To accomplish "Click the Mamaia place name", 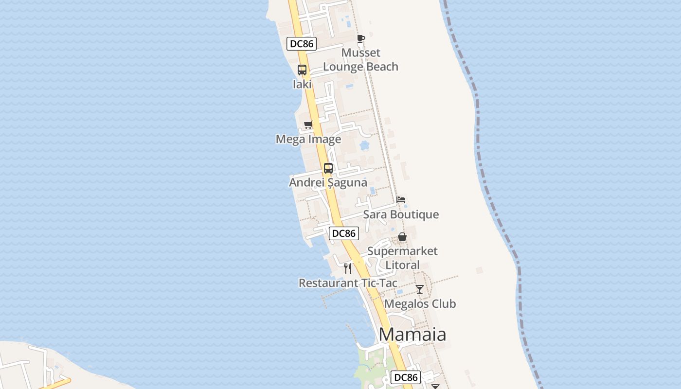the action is [412, 335].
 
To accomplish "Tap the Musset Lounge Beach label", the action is [360, 60].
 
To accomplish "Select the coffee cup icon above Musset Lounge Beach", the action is [360, 39].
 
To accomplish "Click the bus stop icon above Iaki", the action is [302, 70].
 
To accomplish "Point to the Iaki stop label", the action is [302, 84].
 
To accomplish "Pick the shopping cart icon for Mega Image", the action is [308, 125].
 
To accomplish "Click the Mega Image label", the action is [308, 140].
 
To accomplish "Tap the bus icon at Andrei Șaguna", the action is [328, 168].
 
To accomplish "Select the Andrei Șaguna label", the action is [328, 183].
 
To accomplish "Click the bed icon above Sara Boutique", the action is [401, 200].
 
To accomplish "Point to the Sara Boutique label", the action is [401, 214].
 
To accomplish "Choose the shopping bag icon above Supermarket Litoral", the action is [402, 237].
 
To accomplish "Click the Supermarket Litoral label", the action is [402, 258].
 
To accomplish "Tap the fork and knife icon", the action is [348, 268].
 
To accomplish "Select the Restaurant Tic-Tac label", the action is [348, 283].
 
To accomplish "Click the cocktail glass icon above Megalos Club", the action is [420, 289].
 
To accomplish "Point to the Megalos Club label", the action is [420, 304].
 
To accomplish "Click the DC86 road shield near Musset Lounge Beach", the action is [302, 44].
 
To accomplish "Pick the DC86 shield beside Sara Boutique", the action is [344, 233].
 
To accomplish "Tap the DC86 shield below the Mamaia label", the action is [406, 377].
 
